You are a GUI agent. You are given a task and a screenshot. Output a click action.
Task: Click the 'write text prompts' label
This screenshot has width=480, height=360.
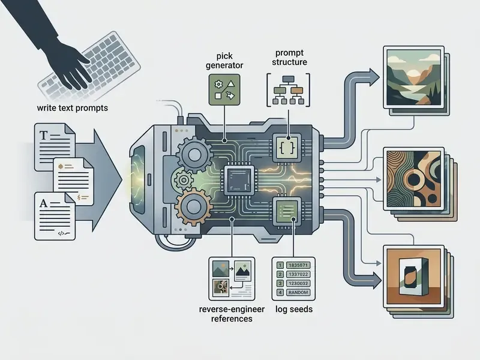(72, 108)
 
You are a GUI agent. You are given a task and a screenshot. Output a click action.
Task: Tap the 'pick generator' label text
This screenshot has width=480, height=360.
(224, 61)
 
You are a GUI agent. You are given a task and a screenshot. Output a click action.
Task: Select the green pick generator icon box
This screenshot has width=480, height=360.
(224, 89)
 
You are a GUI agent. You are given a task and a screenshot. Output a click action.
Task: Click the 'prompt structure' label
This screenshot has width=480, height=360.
(289, 57)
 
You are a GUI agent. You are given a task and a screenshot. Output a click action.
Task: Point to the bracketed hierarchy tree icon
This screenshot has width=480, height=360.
(288, 90)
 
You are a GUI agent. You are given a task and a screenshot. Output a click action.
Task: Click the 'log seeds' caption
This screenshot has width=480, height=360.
(294, 309)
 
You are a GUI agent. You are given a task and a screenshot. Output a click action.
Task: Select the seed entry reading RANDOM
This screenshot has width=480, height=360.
(298, 292)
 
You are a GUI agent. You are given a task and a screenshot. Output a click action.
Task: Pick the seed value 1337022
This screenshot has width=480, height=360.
(298, 274)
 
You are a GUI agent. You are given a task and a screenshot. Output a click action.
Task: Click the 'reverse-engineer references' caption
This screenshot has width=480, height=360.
(232, 314)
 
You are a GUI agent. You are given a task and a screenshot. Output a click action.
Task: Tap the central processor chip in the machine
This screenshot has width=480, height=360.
(239, 180)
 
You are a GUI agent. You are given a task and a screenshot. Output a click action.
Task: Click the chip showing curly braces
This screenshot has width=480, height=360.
(287, 148)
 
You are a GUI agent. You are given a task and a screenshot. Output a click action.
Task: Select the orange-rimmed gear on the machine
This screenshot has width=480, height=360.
(193, 206)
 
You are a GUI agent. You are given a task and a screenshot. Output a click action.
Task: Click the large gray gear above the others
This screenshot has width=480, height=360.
(194, 155)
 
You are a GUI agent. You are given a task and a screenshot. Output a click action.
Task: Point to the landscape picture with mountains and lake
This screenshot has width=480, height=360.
(413, 77)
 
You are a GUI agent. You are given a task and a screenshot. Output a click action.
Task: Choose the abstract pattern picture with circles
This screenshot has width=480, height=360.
(413, 179)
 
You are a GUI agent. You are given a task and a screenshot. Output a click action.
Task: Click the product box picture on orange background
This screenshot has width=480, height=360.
(413, 277)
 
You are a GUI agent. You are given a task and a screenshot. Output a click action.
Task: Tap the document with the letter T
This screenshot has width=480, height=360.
(55, 147)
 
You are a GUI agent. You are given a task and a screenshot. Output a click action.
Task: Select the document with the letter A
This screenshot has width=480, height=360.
(55, 216)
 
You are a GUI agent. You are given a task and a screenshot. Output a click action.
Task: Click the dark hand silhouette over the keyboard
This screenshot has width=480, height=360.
(49, 40)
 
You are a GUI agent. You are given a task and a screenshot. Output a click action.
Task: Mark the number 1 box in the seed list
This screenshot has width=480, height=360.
(280, 265)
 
